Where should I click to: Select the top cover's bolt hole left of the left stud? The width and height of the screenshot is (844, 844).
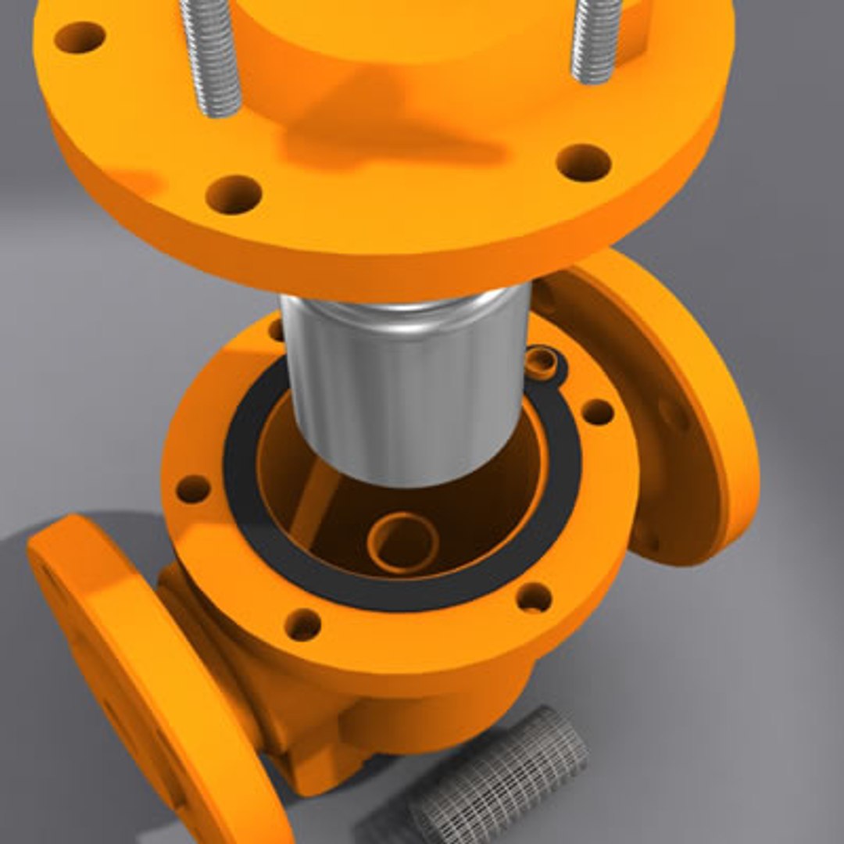coord(80,37)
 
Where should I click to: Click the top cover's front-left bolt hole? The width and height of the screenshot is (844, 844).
coord(233,194)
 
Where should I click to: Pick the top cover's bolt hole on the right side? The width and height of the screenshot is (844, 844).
coord(583,163)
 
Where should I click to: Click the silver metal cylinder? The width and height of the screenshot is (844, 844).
coord(406,383)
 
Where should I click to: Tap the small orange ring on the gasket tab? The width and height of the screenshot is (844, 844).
coord(542,360)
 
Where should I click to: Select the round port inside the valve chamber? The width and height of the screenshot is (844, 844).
coord(403,542)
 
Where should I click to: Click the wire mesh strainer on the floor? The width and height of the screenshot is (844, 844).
coord(500,774)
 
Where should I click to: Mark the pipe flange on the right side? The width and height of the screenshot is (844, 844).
coord(672,406)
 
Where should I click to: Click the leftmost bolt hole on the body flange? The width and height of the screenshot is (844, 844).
coord(192,489)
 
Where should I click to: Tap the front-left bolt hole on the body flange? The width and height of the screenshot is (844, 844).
coord(302,625)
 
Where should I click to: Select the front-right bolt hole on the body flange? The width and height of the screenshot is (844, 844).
coord(534,598)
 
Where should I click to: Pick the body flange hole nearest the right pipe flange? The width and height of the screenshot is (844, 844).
coord(597,412)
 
